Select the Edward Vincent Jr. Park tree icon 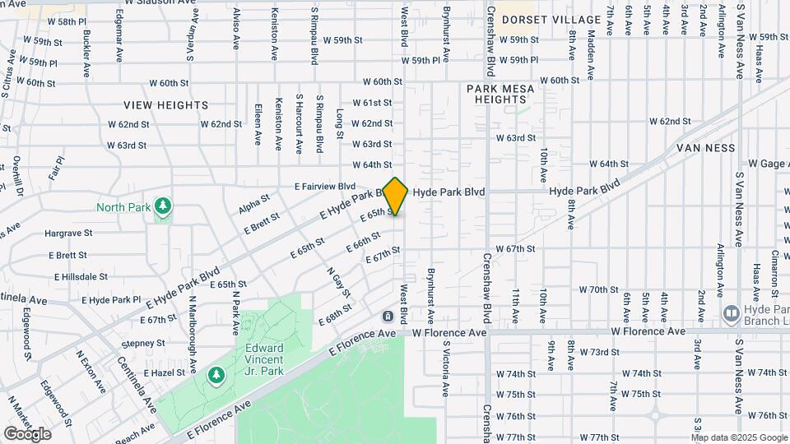click(x=216, y=375)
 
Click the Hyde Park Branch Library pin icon click(x=730, y=313)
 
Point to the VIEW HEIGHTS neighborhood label click(x=166, y=105)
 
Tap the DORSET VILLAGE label click(x=551, y=19)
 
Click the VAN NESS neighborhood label click(x=704, y=148)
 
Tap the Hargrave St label click(x=68, y=234)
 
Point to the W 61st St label click(x=372, y=103)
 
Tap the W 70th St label click(x=598, y=289)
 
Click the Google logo click(x=27, y=433)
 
